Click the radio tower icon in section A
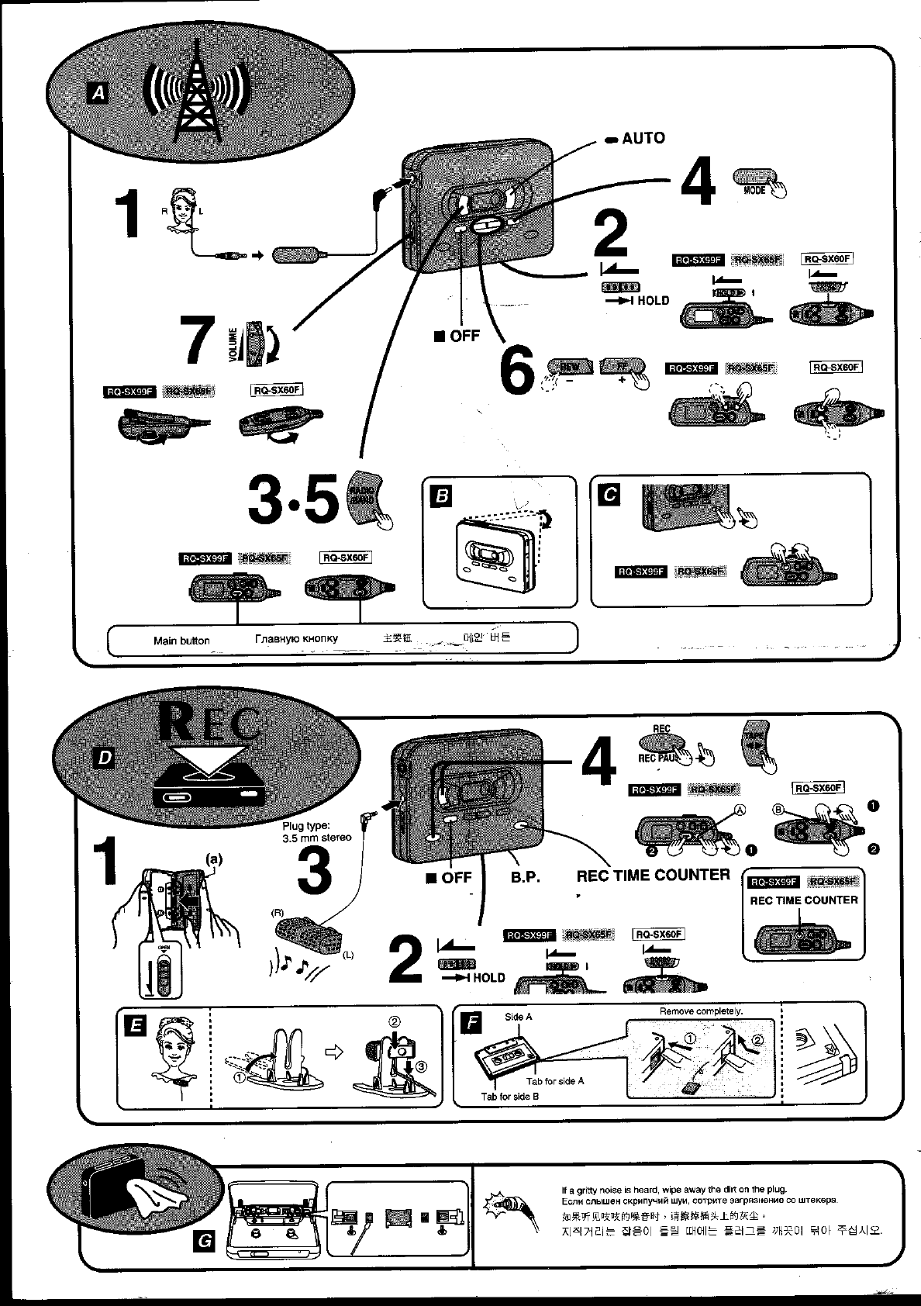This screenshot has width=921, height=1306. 198,96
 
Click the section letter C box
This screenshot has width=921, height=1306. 610,495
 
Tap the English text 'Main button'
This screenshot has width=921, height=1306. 181,641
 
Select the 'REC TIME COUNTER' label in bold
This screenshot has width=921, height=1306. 653,876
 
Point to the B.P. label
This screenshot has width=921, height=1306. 525,878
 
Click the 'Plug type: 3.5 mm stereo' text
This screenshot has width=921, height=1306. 316,831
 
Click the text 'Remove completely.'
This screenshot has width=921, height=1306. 700,1011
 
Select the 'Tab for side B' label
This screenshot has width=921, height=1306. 509,1097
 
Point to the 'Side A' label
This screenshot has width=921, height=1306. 518,1017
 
